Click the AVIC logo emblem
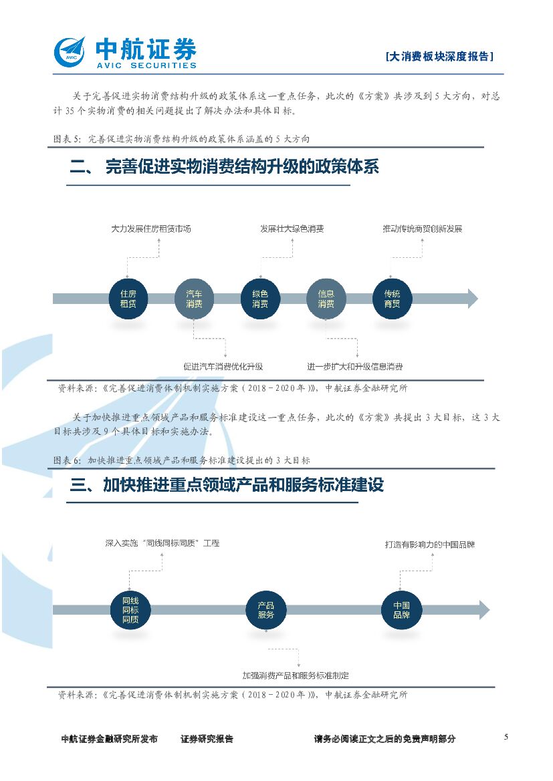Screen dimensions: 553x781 [x=70, y=51]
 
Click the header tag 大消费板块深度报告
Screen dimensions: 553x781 [x=440, y=57]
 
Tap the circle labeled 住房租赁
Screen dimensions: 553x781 [x=128, y=299]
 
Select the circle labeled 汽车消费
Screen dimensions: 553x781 [x=194, y=299]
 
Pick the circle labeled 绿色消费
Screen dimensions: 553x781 [x=260, y=299]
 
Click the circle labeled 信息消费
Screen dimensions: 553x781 [x=326, y=299]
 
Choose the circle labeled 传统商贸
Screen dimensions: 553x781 [x=392, y=299]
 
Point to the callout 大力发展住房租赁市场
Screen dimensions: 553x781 [x=151, y=228]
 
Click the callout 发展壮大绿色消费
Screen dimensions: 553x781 [x=292, y=228]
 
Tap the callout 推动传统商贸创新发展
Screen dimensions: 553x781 [x=422, y=228]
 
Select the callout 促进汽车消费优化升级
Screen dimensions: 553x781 [x=223, y=366]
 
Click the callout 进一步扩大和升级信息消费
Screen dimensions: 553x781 [x=355, y=366]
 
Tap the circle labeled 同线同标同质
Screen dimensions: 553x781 [x=130, y=610]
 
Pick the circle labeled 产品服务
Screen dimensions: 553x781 [x=265, y=610]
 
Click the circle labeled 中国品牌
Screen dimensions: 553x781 [x=401, y=610]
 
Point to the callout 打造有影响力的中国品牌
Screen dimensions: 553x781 [x=430, y=544]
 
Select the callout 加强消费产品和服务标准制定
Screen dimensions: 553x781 [x=296, y=675]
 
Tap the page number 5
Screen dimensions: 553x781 [x=506, y=737]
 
